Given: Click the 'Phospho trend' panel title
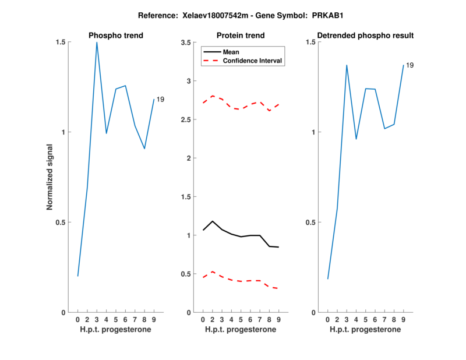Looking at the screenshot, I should (x=116, y=36).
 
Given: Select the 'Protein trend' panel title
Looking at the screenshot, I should (x=241, y=36).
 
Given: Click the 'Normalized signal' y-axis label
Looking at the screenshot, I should (x=50, y=177).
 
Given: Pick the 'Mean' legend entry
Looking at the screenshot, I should (x=231, y=52).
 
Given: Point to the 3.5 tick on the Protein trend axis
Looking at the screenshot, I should (x=187, y=43).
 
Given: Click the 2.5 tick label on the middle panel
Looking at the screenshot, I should (x=187, y=120).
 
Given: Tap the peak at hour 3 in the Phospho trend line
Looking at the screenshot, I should (x=97, y=43).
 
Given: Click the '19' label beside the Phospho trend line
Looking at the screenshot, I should (x=160, y=100).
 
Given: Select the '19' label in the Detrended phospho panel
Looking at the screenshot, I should (x=409, y=65).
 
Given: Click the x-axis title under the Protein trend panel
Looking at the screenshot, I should (x=241, y=330).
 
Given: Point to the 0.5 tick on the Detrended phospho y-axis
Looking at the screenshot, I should (x=311, y=223).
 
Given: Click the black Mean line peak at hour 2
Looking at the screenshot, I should (x=213, y=221).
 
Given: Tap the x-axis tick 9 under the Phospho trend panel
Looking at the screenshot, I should (x=154, y=319).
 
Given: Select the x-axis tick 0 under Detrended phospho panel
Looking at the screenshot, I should (x=328, y=319).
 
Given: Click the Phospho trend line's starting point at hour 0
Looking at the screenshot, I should (x=78, y=276).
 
